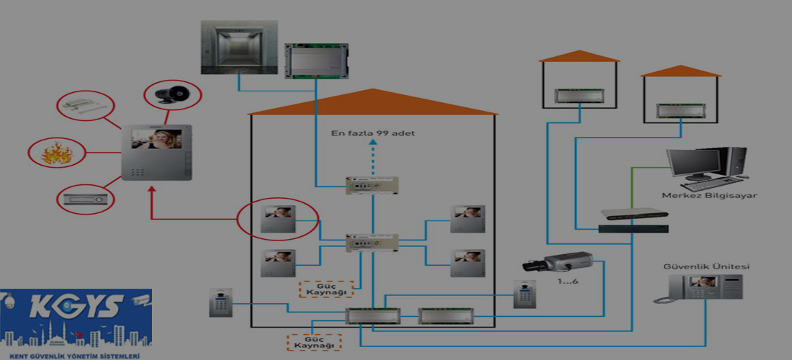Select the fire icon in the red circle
[x=55, y=153]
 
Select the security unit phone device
[x=699, y=289]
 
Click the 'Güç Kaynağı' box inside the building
[x=326, y=289]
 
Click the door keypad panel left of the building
[x=218, y=302]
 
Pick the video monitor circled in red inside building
[x=279, y=217]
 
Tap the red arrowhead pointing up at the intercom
[x=152, y=189]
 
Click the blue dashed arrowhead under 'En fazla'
[x=372, y=143]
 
